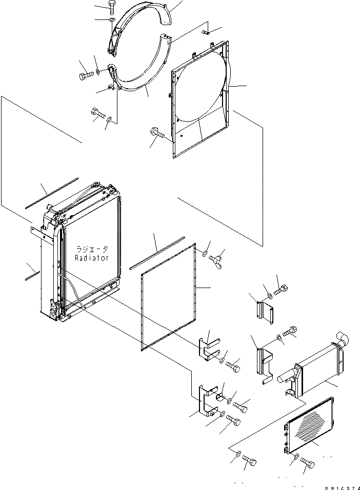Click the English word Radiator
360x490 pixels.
[92, 258]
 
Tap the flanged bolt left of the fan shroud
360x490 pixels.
[157, 135]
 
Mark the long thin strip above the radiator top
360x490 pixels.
[51, 193]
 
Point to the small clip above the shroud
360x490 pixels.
[207, 32]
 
